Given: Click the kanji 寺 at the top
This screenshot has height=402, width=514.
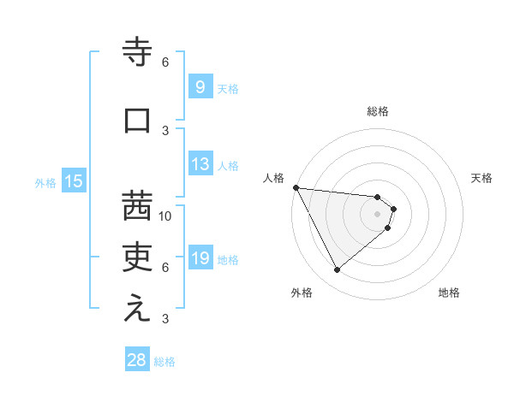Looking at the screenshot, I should (137, 53).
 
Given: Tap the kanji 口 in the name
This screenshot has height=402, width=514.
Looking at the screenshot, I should (137, 121).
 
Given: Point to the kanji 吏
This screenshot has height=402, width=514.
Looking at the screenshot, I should (137, 256).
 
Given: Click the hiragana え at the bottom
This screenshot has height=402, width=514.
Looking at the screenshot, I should (137, 309).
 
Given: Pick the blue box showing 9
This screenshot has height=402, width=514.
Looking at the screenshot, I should (199, 87).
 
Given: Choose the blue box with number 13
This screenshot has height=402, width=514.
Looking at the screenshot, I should (200, 164).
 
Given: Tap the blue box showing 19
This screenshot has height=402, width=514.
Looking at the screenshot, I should (200, 258).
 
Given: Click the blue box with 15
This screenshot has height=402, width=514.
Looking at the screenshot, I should (73, 181).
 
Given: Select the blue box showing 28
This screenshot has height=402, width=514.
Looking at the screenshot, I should (137, 360).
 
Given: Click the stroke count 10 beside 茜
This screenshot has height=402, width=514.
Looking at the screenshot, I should (165, 216).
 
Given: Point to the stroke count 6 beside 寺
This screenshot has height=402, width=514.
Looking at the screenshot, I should (165, 62).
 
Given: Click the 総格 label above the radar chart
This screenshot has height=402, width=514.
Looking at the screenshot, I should (378, 111).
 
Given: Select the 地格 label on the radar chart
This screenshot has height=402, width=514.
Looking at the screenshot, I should (449, 293).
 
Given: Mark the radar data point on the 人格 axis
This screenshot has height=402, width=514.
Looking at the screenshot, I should (296, 187).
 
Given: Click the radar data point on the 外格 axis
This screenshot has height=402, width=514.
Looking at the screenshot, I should (337, 269).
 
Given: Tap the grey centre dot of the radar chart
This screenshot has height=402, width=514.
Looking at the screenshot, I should (378, 213).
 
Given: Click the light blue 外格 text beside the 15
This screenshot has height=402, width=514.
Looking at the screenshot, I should (45, 182).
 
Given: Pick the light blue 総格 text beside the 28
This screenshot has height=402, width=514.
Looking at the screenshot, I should (164, 362).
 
